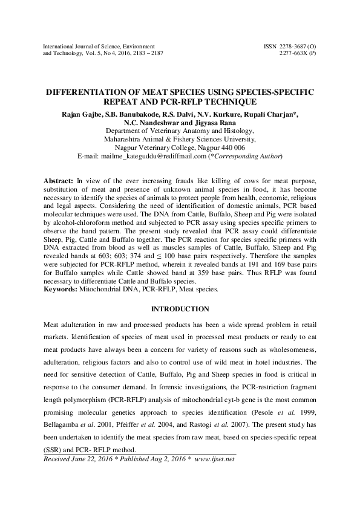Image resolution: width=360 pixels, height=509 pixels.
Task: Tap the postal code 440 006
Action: (230, 147)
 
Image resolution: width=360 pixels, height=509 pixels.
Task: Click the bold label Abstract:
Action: (59, 181)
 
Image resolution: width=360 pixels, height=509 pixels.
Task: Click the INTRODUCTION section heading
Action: (179, 309)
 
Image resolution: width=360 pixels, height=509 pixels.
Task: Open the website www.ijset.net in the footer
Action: (214, 459)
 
